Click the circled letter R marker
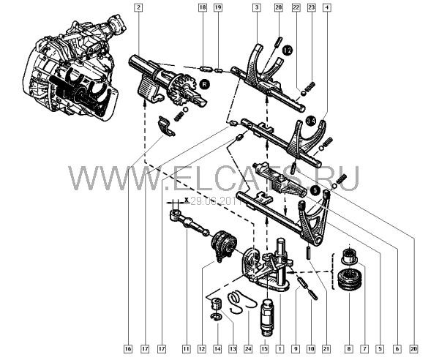pyautogui.click(x=204, y=85)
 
